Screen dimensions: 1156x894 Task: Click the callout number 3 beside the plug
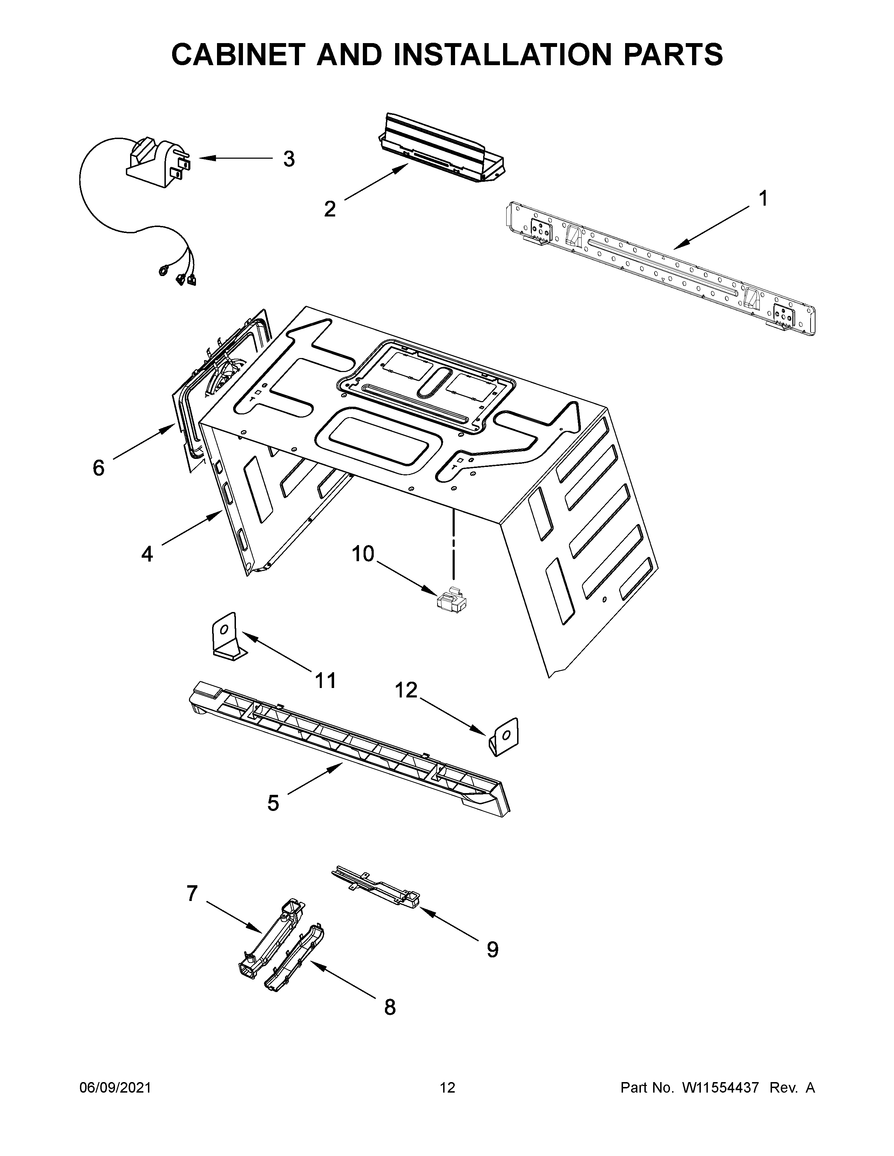(289, 159)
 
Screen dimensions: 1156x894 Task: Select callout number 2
(330, 209)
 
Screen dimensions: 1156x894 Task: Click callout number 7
(192, 894)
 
